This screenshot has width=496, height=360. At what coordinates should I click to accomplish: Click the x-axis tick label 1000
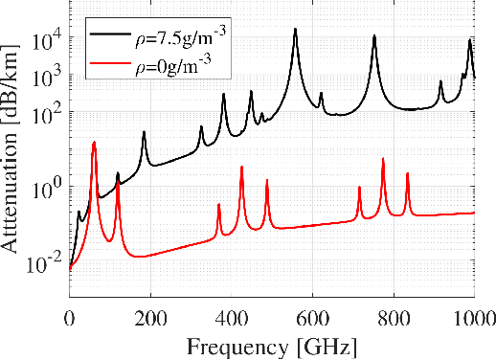tap(472, 318)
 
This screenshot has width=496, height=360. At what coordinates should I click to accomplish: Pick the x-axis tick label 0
tap(70, 318)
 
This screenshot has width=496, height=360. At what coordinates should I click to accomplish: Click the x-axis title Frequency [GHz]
tap(271, 344)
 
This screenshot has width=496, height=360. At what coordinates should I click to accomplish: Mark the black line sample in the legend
tap(109, 34)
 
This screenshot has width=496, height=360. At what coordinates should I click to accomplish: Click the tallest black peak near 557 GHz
tap(295, 29)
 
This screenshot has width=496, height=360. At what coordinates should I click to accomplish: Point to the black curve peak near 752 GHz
tap(374, 35)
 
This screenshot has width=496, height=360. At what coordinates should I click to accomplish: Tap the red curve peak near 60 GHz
tap(94, 142)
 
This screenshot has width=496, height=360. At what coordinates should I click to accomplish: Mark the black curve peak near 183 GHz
tap(144, 132)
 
